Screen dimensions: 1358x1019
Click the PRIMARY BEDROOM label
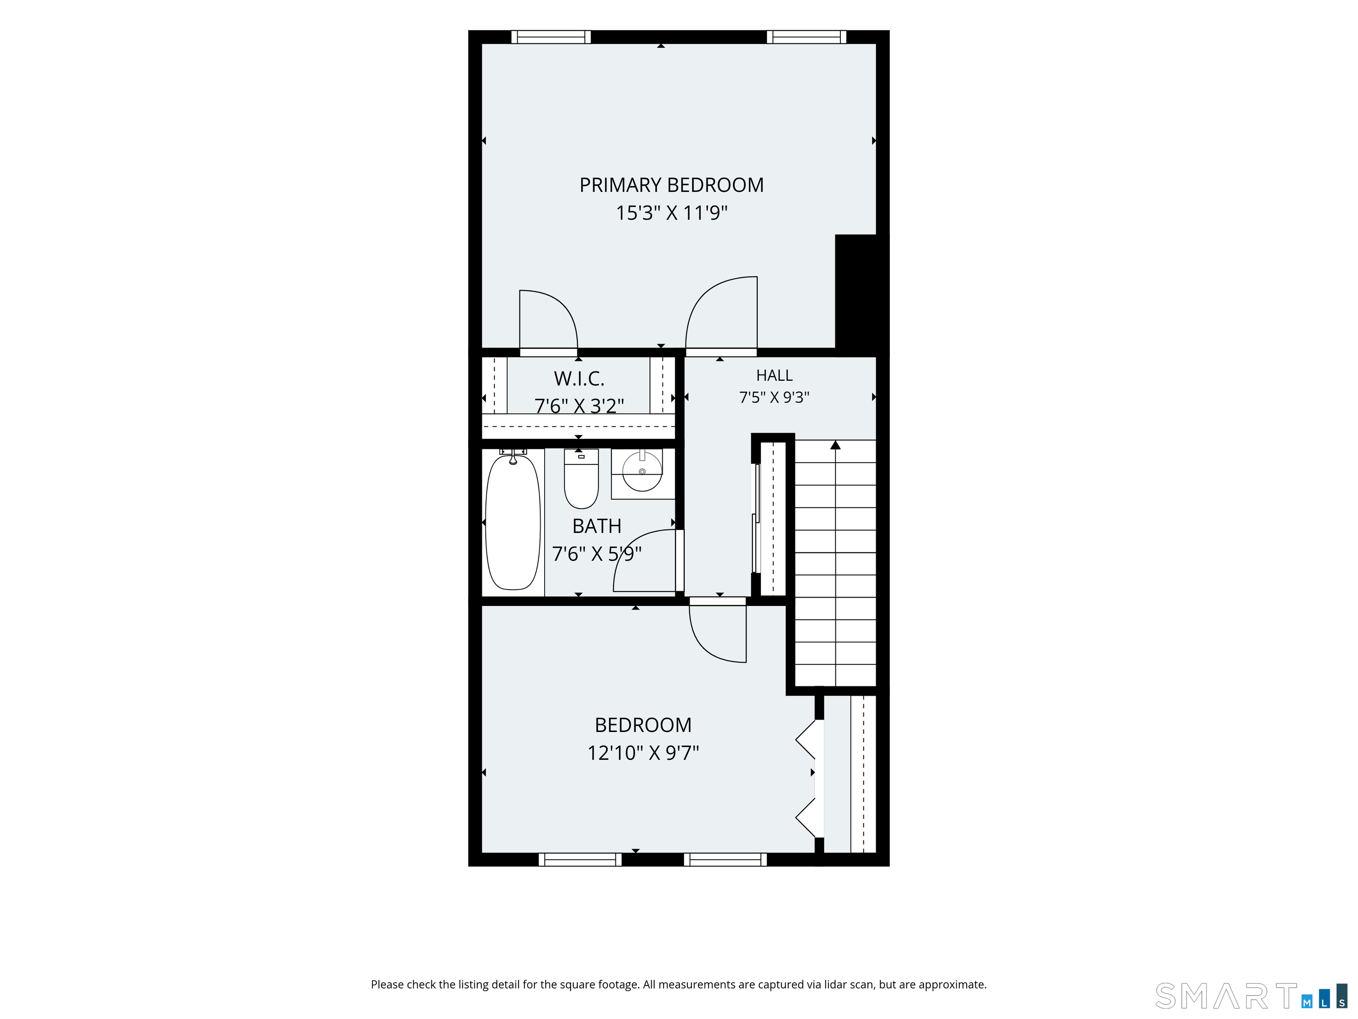click(671, 185)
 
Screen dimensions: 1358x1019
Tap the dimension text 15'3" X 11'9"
click(671, 213)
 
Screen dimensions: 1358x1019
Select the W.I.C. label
click(579, 379)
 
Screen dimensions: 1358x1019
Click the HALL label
click(774, 375)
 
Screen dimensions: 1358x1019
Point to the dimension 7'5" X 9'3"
click(774, 398)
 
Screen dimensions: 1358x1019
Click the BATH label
click(597, 526)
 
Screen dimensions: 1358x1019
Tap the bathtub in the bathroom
click(513, 522)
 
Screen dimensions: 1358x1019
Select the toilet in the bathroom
click(581, 479)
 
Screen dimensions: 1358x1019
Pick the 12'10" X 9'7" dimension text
click(643, 753)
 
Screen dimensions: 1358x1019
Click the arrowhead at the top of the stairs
click(835, 444)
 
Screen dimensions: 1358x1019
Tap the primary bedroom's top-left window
click(551, 37)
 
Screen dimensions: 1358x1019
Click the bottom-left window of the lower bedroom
click(580, 859)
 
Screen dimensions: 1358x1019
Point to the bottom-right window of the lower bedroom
click(725, 859)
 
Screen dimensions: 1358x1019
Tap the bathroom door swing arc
click(632, 539)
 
